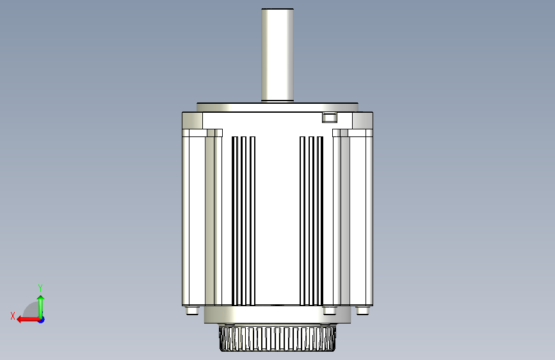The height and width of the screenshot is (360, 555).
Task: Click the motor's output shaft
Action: (x=278, y=55)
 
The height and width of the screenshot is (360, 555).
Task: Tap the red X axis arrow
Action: (x=28, y=320)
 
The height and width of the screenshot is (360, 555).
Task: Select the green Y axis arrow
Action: (x=41, y=307)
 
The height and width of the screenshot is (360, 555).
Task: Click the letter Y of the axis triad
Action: (x=40, y=288)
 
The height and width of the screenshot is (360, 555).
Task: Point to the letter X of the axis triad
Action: (x=13, y=316)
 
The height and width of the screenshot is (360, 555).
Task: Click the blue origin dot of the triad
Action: (x=42, y=320)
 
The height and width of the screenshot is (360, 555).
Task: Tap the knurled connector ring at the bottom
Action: (x=277, y=339)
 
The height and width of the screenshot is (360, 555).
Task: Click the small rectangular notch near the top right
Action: (x=330, y=117)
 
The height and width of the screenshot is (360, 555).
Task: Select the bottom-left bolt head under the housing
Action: (x=192, y=311)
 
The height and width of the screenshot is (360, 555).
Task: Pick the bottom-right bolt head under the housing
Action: (x=362, y=311)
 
